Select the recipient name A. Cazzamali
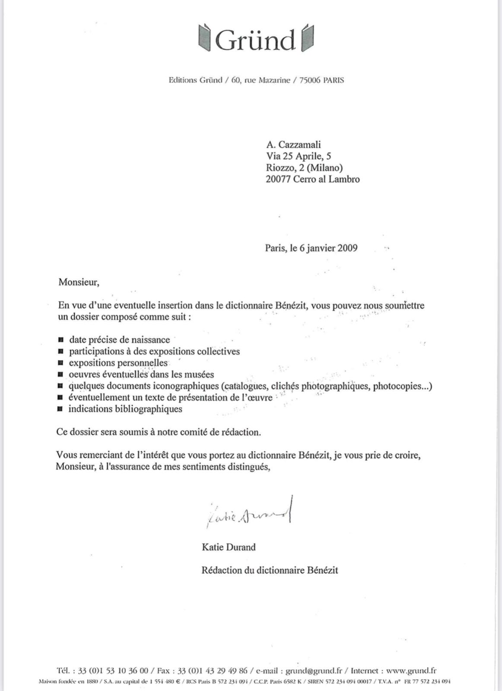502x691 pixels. pyautogui.click(x=293, y=145)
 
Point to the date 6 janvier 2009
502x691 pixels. pyautogui.click(x=328, y=248)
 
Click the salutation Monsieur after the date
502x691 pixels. pyautogui.click(x=79, y=282)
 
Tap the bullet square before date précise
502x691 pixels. pyautogui.click(x=61, y=340)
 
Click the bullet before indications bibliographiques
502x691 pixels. pyautogui.click(x=60, y=409)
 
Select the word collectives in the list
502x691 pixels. pyautogui.click(x=218, y=352)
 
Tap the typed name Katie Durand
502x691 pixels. pyautogui.click(x=229, y=547)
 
